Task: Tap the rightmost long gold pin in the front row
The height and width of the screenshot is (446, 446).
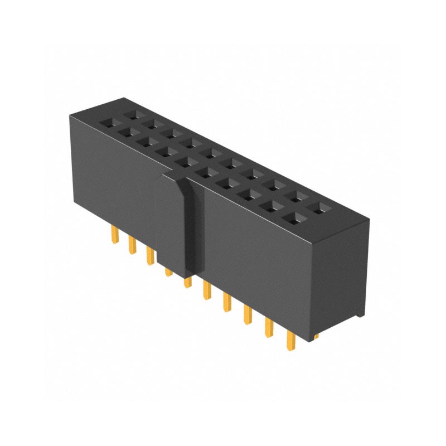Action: (x=290, y=340)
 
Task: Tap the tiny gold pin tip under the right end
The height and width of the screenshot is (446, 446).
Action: (x=316, y=337)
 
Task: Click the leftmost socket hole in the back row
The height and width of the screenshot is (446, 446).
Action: (x=132, y=114)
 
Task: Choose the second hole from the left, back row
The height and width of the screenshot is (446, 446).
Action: (x=151, y=123)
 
